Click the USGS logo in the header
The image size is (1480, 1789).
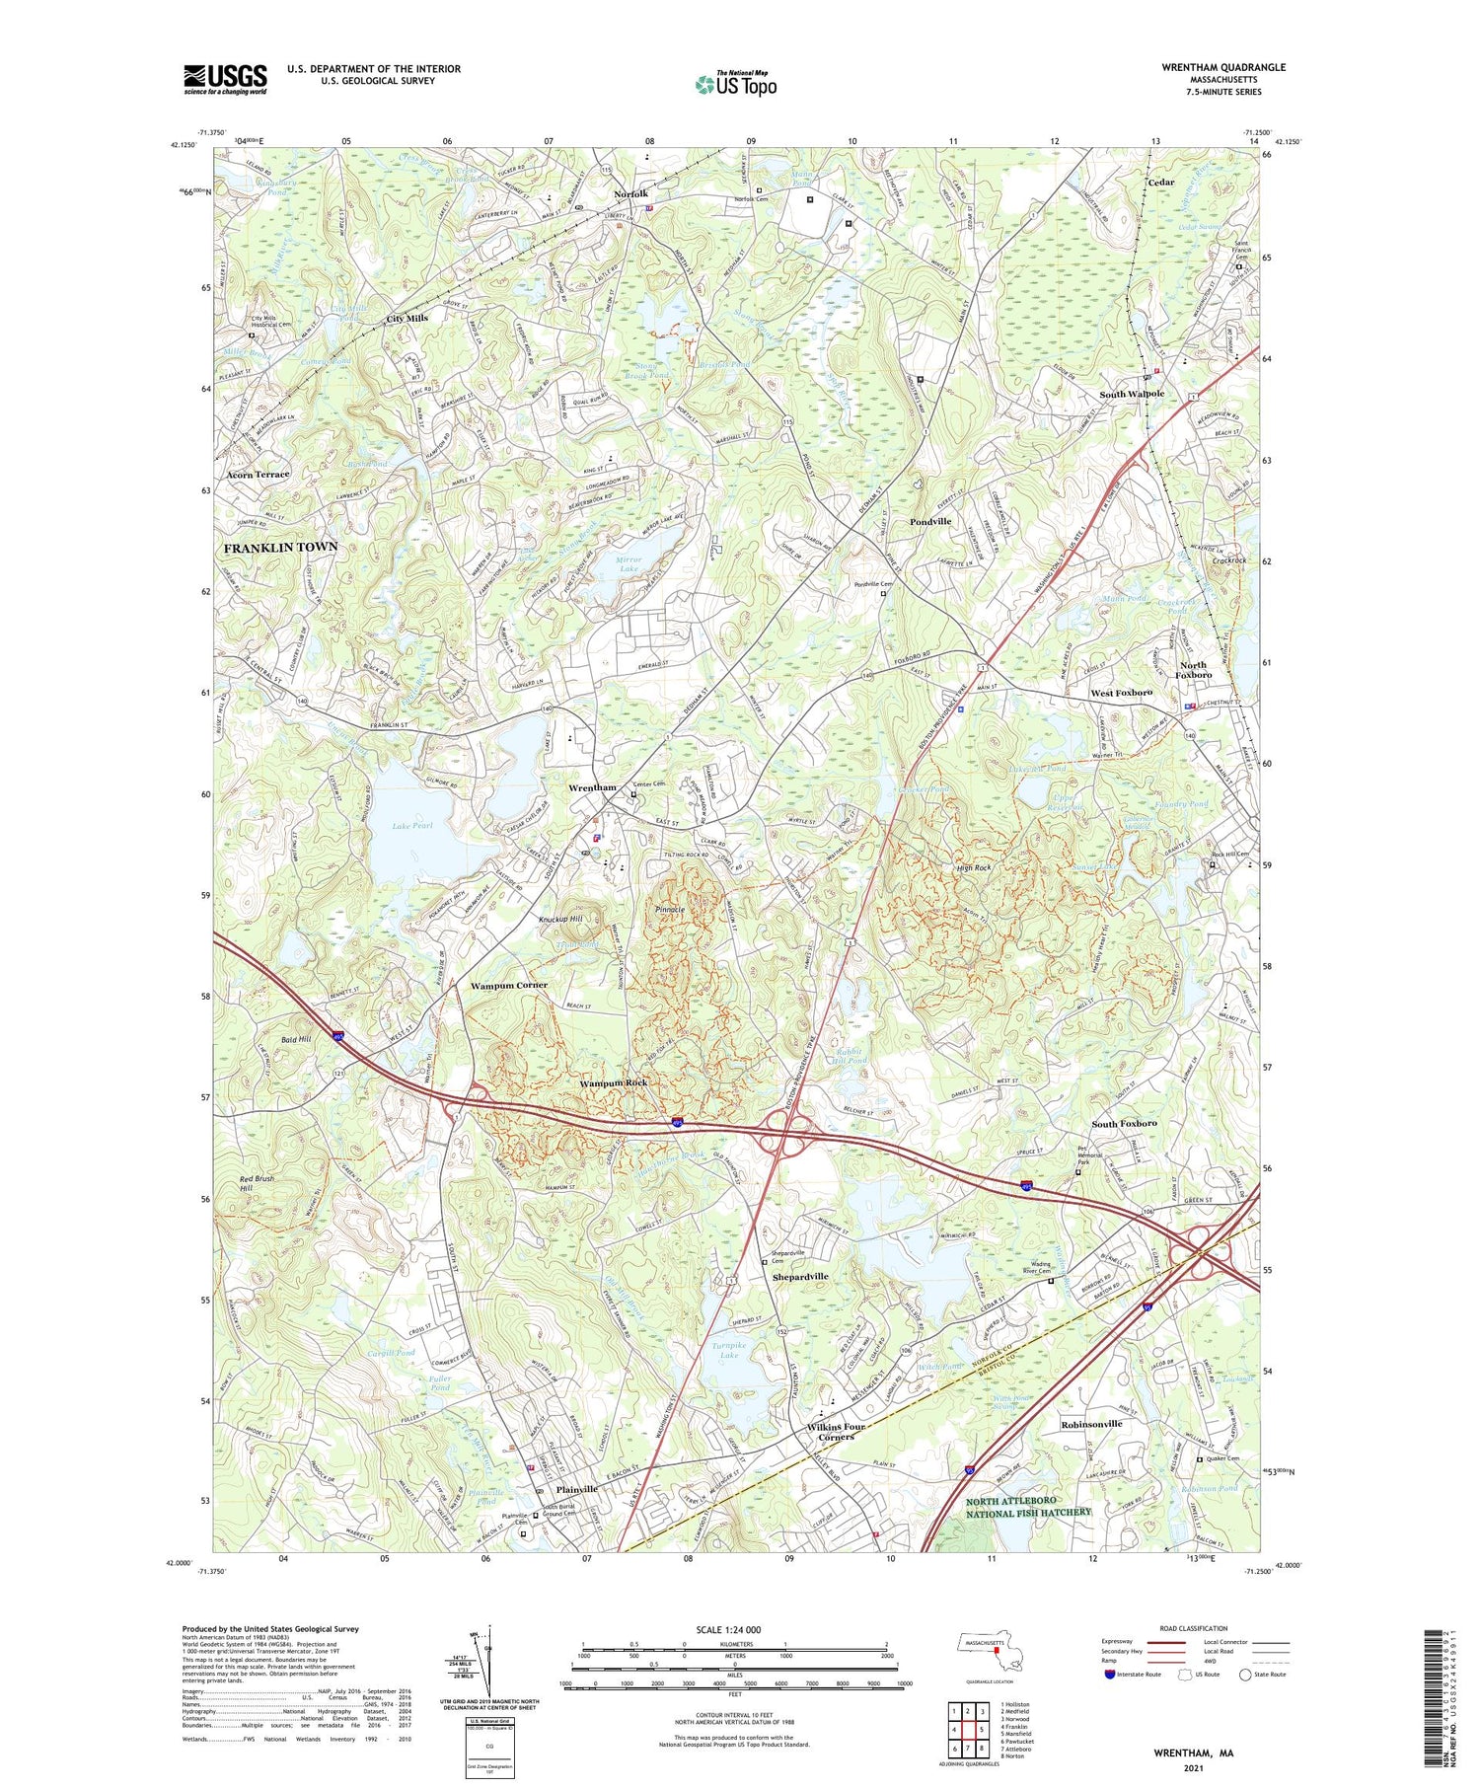(225, 79)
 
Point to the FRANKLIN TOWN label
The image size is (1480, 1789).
(280, 547)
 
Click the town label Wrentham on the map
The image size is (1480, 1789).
(592, 787)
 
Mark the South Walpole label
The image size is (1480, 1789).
(1132, 394)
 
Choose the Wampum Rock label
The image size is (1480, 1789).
(613, 1082)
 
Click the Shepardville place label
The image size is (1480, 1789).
(799, 1276)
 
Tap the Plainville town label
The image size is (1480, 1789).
(577, 1489)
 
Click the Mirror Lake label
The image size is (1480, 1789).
(629, 564)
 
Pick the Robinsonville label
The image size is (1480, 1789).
(1091, 1424)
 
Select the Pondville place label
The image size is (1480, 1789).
(930, 521)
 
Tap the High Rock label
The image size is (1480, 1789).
(974, 867)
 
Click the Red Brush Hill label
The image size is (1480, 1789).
(258, 1184)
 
